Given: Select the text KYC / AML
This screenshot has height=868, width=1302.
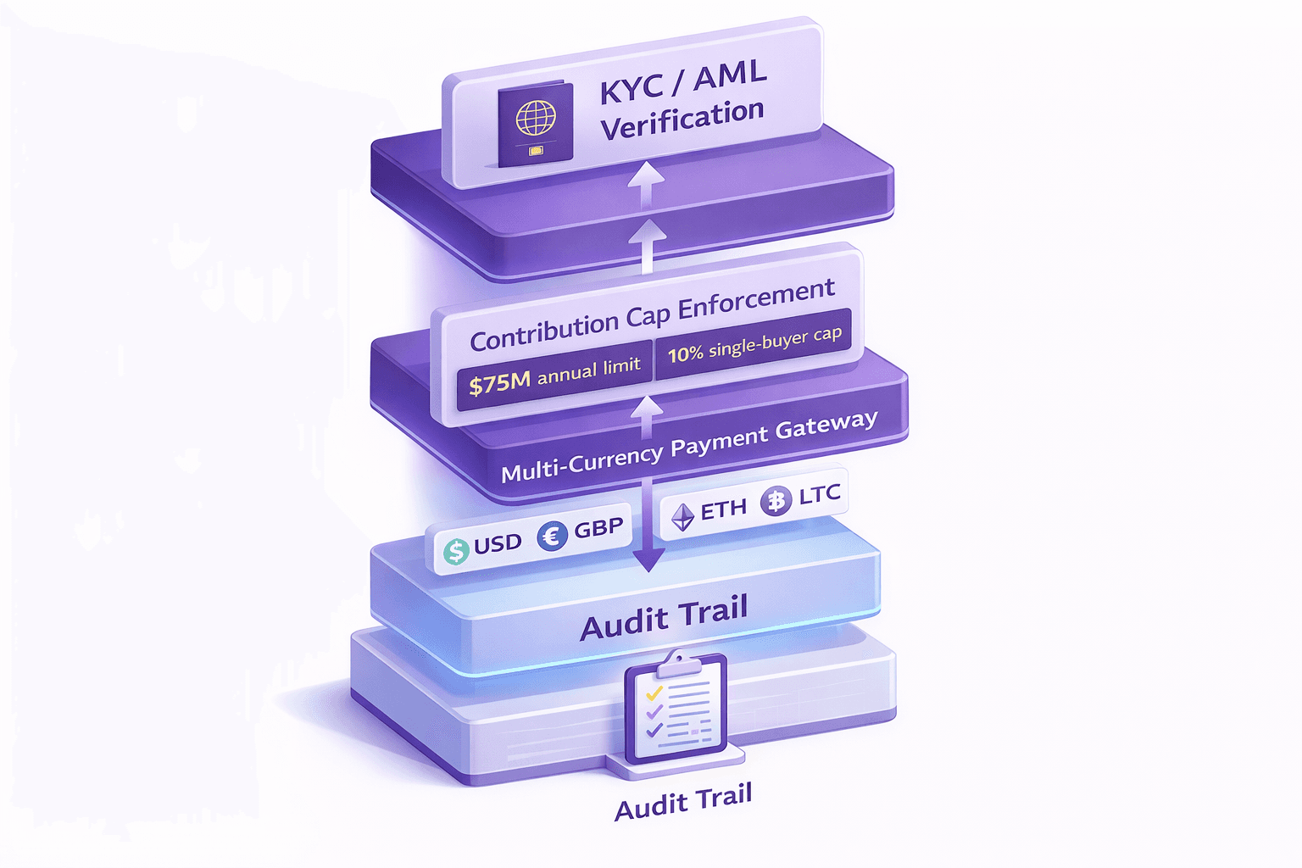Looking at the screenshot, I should point(683,81).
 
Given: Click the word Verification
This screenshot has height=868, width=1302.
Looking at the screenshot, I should point(682,120).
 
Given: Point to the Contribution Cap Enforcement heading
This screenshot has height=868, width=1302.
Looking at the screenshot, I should point(652,315).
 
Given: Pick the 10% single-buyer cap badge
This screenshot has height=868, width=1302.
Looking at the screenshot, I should point(754,343).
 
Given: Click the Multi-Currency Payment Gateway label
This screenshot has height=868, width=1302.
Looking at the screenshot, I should point(688,446).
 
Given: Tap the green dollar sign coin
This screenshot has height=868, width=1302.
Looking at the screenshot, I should point(456,551).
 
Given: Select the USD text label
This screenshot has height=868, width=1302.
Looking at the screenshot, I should point(498,543).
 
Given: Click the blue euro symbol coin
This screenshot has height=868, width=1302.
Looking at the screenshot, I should point(552,536).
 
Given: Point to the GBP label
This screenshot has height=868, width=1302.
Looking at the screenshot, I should point(598,529).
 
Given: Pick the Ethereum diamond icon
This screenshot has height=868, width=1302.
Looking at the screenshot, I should point(682,516).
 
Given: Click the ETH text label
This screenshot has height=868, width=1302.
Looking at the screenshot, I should point(723,509).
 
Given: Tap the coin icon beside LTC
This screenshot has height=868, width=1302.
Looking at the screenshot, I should point(775,501).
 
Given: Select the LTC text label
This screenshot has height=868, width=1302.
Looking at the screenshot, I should point(819,494).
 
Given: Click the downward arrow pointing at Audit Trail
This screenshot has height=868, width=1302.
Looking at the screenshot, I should point(648,555).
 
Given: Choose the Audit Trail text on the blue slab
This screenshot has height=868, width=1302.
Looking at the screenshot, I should point(664,618).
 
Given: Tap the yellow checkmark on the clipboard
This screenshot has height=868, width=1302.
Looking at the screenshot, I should point(654,694).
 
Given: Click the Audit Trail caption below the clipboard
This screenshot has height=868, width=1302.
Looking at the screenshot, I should point(683,802).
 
